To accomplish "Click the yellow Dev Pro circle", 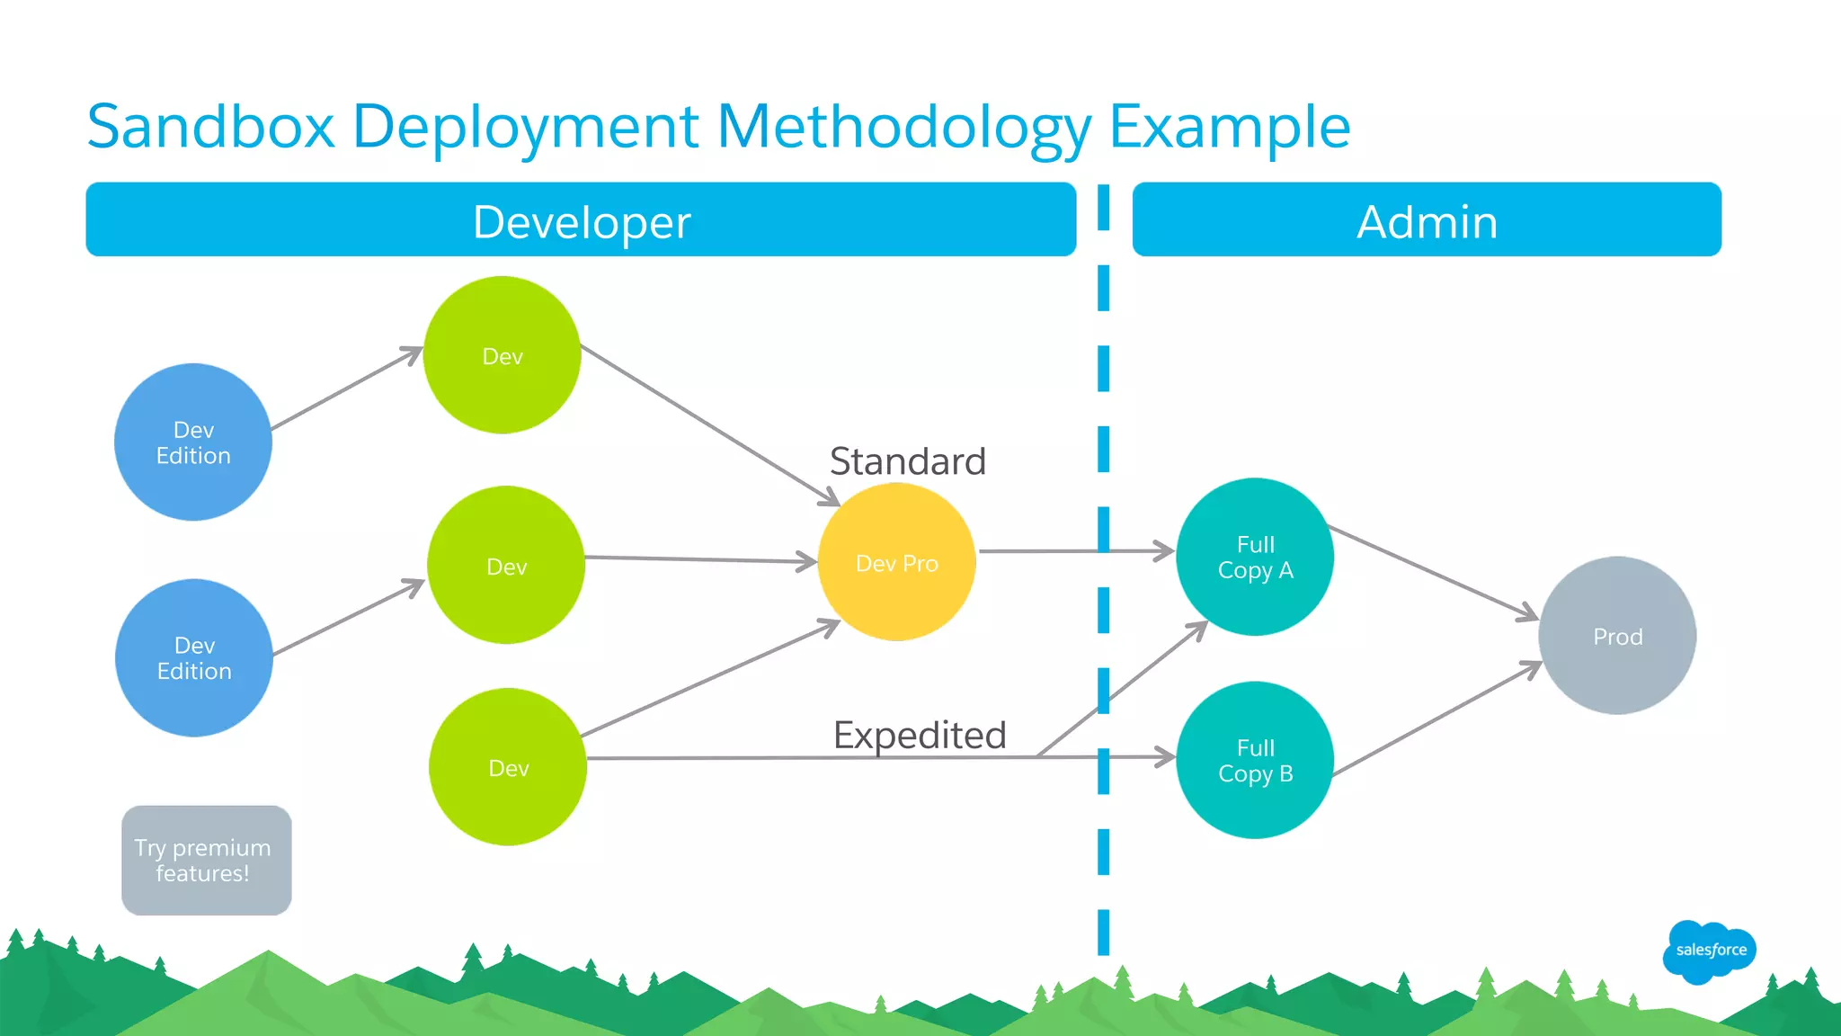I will (x=896, y=562).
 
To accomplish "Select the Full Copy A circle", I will (x=1255, y=557).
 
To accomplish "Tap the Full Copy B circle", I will (x=1255, y=761).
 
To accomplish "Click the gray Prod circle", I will (x=1617, y=636).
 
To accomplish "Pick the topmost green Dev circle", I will (x=502, y=355).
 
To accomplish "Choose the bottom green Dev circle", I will (x=508, y=767).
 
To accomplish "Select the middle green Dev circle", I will (x=506, y=566).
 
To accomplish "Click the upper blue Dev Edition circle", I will (x=193, y=442).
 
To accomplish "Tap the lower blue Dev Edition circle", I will (x=194, y=658).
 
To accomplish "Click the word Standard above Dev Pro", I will (x=907, y=461).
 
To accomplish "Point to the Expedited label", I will (x=919, y=735).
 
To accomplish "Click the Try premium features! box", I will (x=206, y=861).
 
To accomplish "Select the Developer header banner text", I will (x=582, y=222).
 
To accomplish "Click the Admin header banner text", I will (x=1427, y=222).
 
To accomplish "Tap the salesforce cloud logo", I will (x=1709, y=951).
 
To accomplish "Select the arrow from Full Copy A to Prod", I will (x=1434, y=572).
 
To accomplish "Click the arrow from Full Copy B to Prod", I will (x=1436, y=719).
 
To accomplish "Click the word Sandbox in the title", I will (x=210, y=126).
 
